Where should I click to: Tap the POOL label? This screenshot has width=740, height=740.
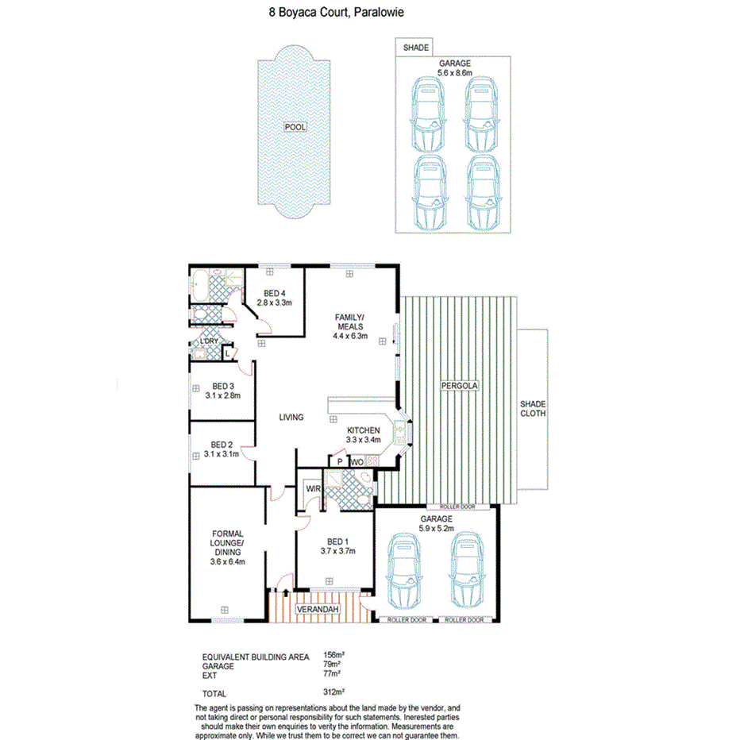(x=295, y=126)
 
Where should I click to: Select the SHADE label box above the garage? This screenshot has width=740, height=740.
(x=416, y=48)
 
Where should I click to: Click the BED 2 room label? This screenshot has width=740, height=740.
(x=222, y=445)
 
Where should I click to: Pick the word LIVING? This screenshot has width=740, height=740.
(x=291, y=417)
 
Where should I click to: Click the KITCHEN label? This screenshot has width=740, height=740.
(x=363, y=430)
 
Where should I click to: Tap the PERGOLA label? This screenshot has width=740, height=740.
(x=458, y=387)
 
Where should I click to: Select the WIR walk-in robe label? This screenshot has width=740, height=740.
(x=313, y=490)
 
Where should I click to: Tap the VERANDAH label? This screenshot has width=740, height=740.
(x=318, y=610)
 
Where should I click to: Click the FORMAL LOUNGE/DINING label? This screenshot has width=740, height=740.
(x=227, y=547)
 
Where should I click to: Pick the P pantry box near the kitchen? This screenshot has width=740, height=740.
(x=339, y=461)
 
